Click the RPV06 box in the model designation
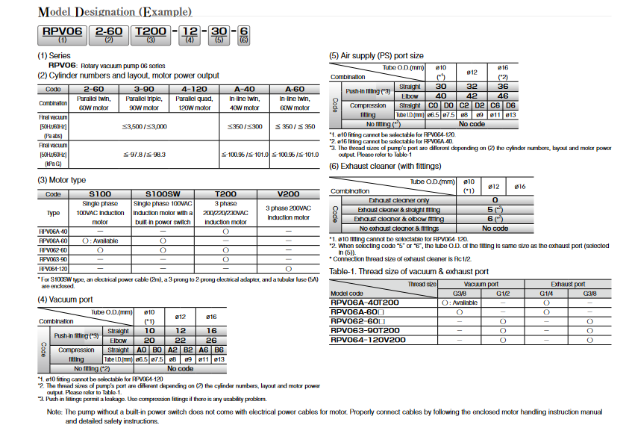coord(61,32)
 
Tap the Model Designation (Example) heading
coord(115,12)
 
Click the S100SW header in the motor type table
coord(161,193)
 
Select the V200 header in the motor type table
coord(287,193)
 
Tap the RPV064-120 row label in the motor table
coord(53,267)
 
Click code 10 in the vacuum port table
coord(149,330)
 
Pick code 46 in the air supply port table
coord(503,96)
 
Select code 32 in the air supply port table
coord(471,87)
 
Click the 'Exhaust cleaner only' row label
coord(399,200)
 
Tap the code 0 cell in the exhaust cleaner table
coord(495,200)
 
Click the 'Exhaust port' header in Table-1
coord(568,284)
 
